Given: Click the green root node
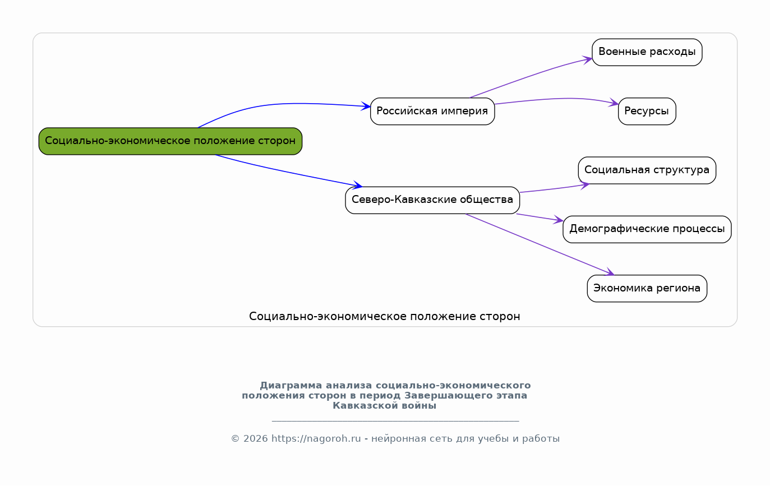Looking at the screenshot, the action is click(170, 141).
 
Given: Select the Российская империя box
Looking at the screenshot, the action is click(432, 112).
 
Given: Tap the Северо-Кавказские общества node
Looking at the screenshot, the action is click(432, 200).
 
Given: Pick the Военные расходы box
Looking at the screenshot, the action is click(647, 52).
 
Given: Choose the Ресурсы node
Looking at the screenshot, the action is click(647, 112).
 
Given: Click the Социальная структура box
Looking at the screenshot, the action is click(647, 170).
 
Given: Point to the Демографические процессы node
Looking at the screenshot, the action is click(647, 230).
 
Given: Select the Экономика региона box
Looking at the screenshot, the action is click(647, 289).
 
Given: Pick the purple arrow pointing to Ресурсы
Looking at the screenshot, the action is click(557, 99).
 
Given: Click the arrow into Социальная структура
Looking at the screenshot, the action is click(555, 189).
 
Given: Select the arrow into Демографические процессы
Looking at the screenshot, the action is click(540, 217).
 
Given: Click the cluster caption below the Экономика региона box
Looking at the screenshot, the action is click(384, 317).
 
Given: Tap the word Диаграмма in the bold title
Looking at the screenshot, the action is click(291, 385).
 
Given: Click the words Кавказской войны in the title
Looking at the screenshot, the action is click(384, 406).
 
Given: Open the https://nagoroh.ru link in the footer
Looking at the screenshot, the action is click(316, 439).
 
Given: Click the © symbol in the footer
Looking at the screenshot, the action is click(235, 439).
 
